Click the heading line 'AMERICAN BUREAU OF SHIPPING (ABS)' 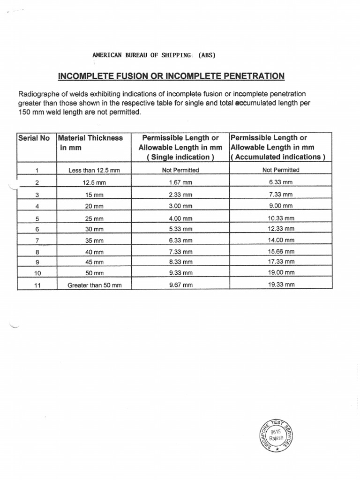[x=154, y=55]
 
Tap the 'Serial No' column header [x=34, y=138]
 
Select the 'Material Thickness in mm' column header [x=90, y=142]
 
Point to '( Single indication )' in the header [x=180, y=157]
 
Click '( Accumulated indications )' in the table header [x=278, y=157]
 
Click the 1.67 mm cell [x=180, y=182]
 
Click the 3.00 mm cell [x=180, y=206]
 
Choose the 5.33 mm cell [x=180, y=229]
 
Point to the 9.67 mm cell [x=180, y=285]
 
